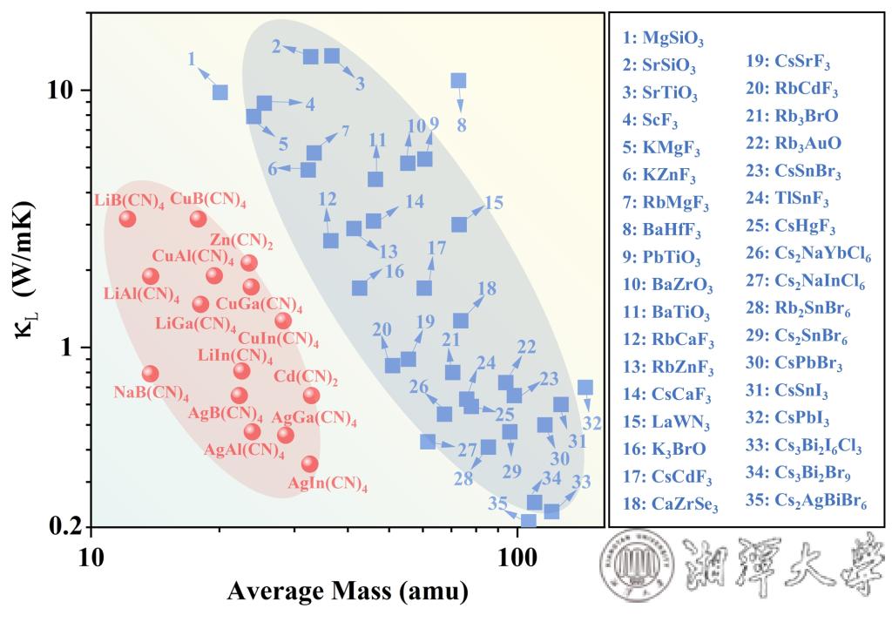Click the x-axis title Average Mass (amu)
[348, 592]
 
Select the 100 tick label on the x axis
[517, 558]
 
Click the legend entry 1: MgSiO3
[663, 38]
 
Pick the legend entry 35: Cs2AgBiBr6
[806, 502]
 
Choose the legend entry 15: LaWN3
[666, 423]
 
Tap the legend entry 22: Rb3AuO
[793, 144]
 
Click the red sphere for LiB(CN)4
[127, 219]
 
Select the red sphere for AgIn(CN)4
[309, 463]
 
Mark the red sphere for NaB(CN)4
[150, 374]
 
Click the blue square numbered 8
[458, 81]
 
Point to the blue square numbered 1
[220, 92]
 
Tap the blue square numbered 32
[585, 388]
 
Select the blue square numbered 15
[459, 224]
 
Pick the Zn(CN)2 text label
[241, 241]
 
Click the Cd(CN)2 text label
[306, 378]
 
